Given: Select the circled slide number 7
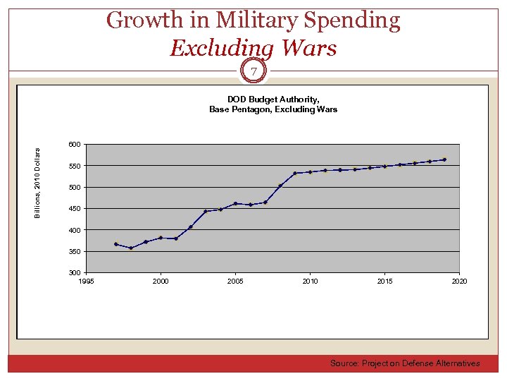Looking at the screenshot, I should (x=254, y=71).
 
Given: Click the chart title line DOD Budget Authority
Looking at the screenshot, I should (x=273, y=99).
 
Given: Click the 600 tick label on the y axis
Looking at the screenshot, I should (x=74, y=145).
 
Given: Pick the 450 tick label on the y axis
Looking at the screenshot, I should (x=74, y=209).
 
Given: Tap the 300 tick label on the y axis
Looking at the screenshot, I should (x=74, y=272).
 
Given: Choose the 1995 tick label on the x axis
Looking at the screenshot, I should (x=86, y=282).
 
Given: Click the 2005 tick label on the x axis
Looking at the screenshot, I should (x=235, y=282).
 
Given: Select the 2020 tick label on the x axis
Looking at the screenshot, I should (x=459, y=282).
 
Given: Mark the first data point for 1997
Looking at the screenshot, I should (x=116, y=244).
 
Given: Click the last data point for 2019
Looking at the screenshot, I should (x=444, y=159).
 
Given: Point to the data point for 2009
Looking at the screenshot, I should (x=295, y=173).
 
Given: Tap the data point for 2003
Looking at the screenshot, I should (x=206, y=211).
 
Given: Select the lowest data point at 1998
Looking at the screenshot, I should (x=131, y=248).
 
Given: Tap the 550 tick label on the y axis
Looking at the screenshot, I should (x=74, y=166).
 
